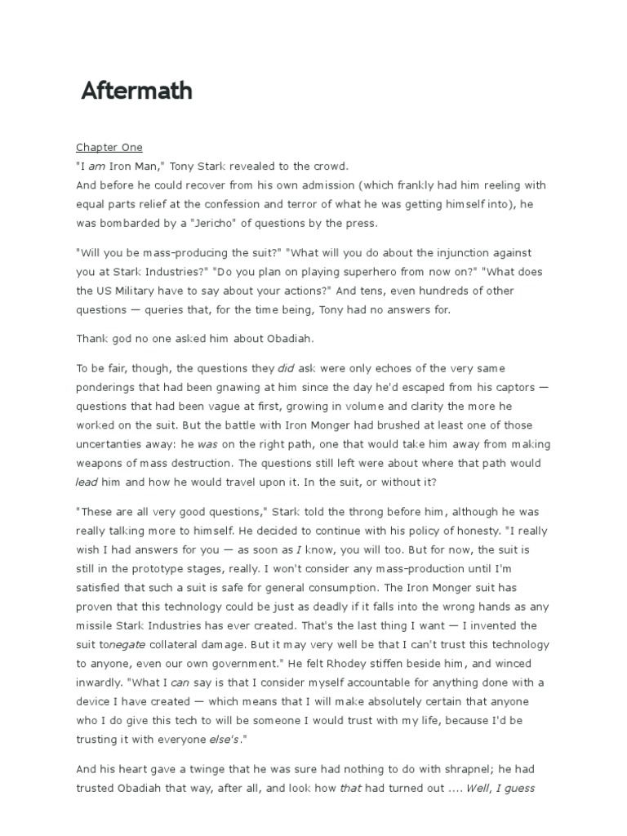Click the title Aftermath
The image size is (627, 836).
(x=136, y=91)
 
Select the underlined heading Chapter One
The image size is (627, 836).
(x=109, y=148)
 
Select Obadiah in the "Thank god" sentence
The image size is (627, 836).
(x=295, y=338)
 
